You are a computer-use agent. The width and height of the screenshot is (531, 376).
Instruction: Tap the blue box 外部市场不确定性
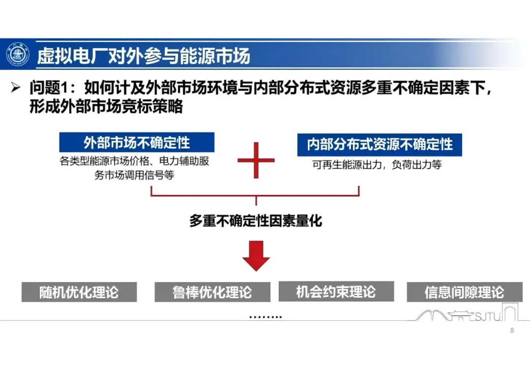137,143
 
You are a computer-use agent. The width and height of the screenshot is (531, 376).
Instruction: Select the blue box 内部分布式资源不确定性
380,144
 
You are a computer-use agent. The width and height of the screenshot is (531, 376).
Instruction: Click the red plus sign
256,160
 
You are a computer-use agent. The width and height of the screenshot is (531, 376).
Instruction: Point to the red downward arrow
256,255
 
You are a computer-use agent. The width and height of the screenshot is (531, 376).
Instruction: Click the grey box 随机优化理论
79,292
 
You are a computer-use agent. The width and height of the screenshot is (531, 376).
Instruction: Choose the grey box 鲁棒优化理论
212,292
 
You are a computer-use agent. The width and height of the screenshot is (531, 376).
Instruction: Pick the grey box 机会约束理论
336,291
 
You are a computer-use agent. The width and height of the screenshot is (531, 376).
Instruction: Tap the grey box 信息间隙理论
464,292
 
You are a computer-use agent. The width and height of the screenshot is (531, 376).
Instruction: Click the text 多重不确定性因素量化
256,220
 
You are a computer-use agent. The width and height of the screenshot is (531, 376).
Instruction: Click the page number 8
512,331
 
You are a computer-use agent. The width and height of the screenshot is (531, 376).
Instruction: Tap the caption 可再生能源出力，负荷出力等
377,165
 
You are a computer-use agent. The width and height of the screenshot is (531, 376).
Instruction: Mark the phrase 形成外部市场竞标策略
106,106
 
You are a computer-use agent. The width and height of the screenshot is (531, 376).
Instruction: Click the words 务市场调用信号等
134,175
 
